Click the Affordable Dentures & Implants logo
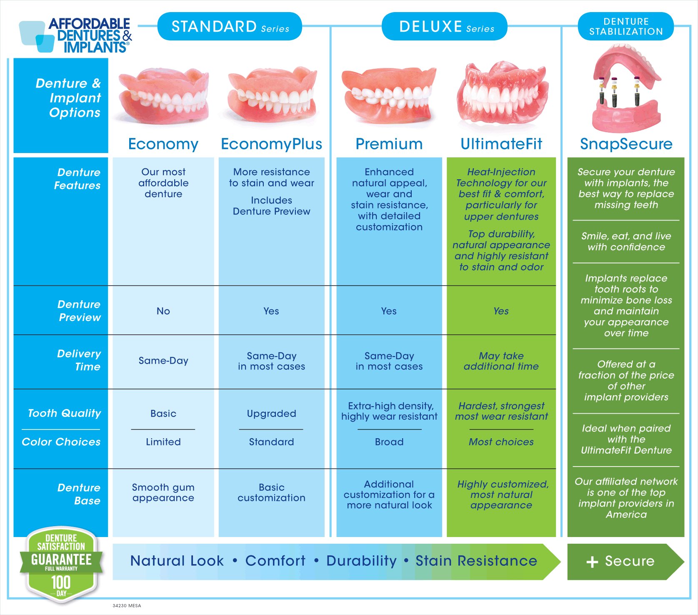coord(75,35)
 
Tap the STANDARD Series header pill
coord(230,26)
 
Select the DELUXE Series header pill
coord(445,26)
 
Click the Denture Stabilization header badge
coord(626,26)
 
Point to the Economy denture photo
coord(163,97)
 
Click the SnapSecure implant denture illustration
coord(626,88)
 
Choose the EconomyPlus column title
coord(272,144)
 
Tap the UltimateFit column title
coord(501,144)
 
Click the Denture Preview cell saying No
coord(163,311)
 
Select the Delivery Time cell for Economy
coord(163,361)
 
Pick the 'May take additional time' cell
coord(501,361)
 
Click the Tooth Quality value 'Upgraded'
coord(272,414)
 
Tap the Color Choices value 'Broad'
coord(389,442)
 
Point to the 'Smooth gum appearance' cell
coord(163,492)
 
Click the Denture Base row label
coord(79,494)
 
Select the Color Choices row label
coord(61,442)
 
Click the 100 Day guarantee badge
coord(61,565)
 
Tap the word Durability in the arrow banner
coord(362,561)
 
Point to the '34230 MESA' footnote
coord(127,606)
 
